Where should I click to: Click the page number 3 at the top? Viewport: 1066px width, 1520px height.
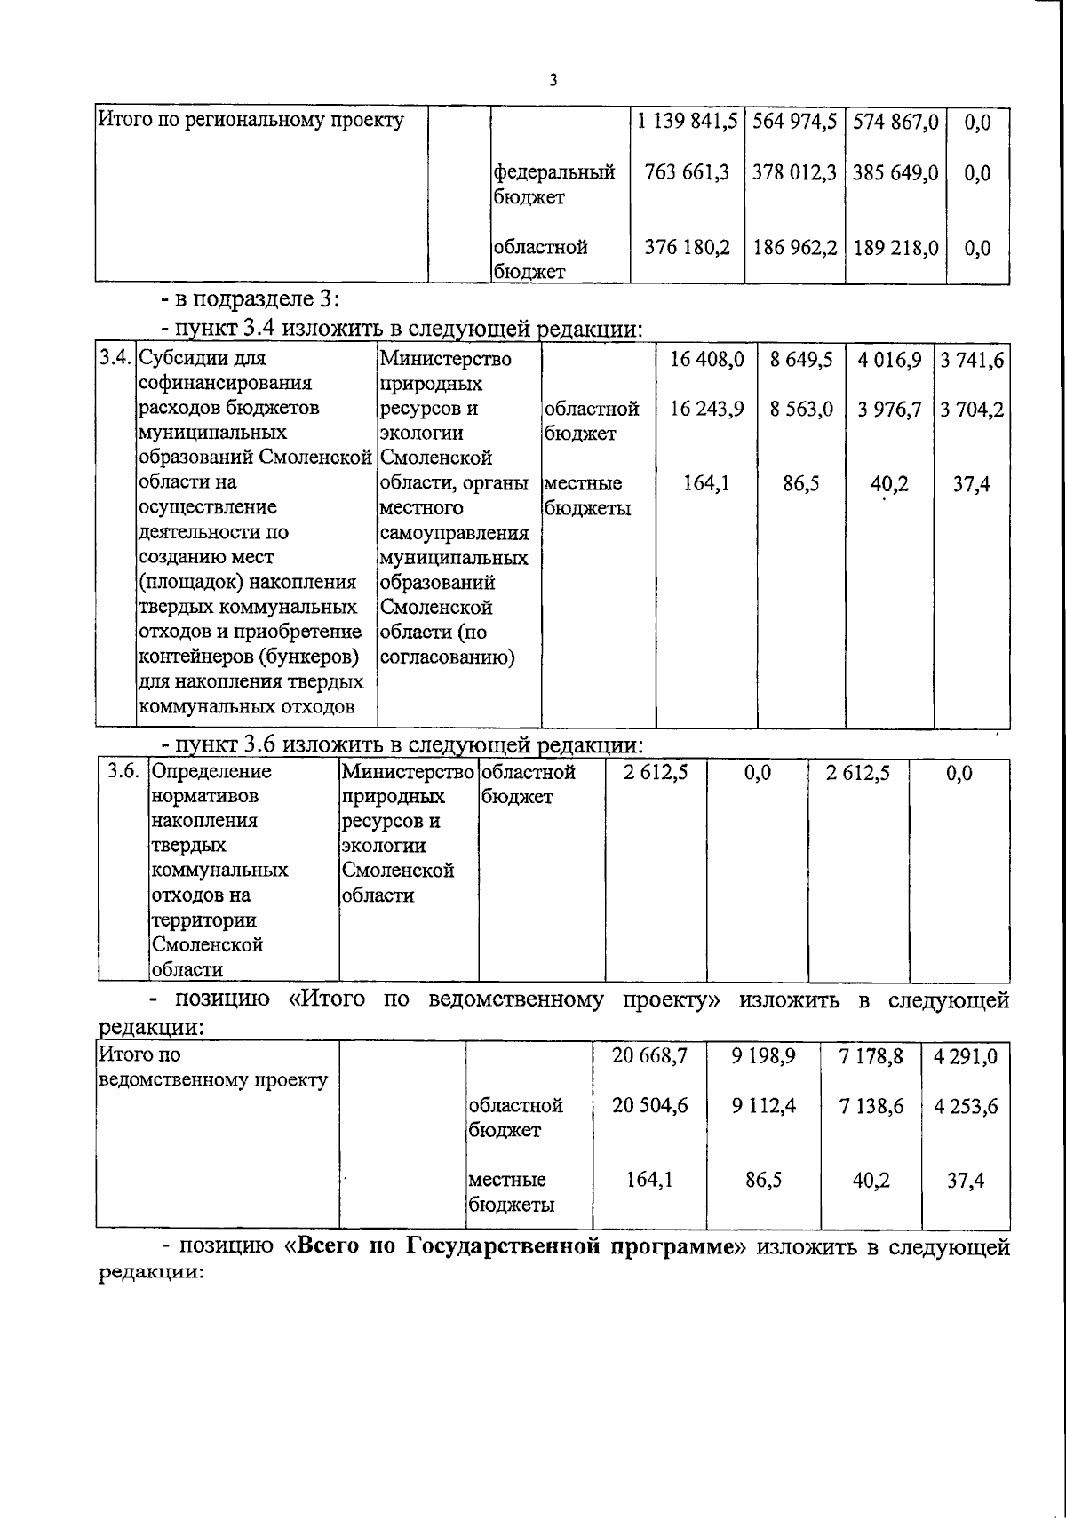(553, 81)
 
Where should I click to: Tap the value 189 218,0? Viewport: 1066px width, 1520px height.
(895, 248)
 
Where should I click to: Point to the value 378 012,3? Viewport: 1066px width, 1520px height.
(794, 172)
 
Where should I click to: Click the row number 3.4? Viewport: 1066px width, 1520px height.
(115, 359)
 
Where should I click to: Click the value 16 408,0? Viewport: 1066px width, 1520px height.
(707, 359)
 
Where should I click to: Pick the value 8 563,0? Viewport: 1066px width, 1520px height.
(801, 409)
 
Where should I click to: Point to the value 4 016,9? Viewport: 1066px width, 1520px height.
(889, 359)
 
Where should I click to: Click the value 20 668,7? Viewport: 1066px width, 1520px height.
(649, 1056)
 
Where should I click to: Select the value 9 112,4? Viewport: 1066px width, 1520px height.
(764, 1106)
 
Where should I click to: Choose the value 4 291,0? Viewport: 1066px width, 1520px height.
(966, 1056)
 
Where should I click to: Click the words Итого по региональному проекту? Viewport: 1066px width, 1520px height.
(251, 120)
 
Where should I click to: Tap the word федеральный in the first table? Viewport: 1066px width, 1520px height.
(554, 172)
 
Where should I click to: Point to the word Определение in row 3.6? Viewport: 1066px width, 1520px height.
(212, 772)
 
